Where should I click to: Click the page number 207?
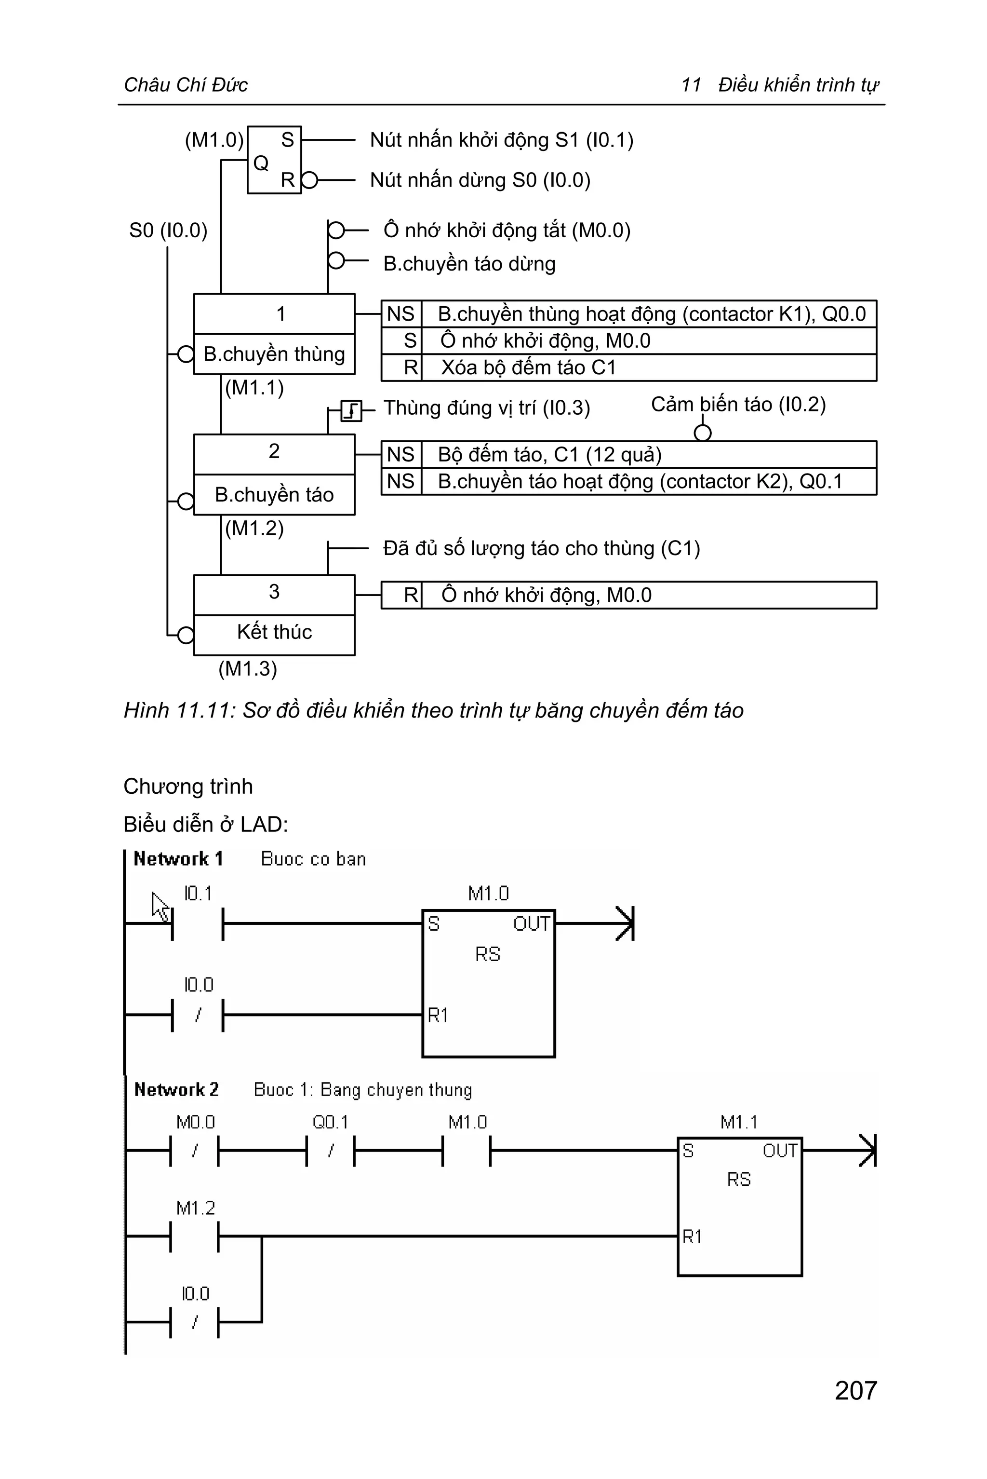pyautogui.click(x=855, y=1390)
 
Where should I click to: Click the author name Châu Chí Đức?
pyautogui.click(x=186, y=84)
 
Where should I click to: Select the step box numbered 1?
pyautogui.click(x=274, y=313)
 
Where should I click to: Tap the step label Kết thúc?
pyautogui.click(x=274, y=632)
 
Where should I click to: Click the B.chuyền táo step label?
pyautogui.click(x=274, y=494)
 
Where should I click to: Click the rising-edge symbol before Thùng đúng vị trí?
pyautogui.click(x=351, y=411)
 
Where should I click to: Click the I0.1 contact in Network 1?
pyautogui.click(x=198, y=923)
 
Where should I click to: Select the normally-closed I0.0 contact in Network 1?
pyautogui.click(x=198, y=1015)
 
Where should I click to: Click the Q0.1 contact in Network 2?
pyautogui.click(x=331, y=1150)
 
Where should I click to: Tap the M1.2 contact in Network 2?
pyautogui.click(x=195, y=1236)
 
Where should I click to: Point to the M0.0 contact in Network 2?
pyautogui.click(x=195, y=1150)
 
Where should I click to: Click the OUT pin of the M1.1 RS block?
pyautogui.click(x=780, y=1151)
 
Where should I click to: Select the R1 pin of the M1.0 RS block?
pyautogui.click(x=438, y=1015)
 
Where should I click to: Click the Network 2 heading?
pyautogui.click(x=176, y=1090)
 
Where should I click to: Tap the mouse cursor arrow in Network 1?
pyautogui.click(x=160, y=906)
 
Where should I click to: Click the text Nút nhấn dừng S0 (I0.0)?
pyautogui.click(x=480, y=180)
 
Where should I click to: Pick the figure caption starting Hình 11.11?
pyautogui.click(x=434, y=710)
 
